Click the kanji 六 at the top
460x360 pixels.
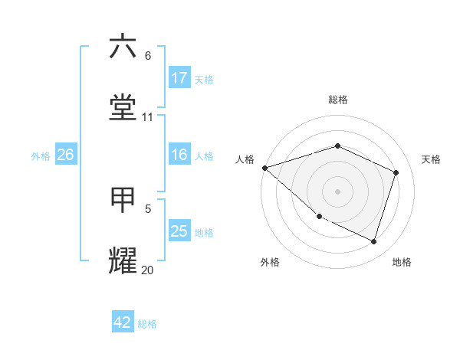click(123, 47)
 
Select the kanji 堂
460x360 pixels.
click(123, 108)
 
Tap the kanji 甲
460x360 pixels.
click(123, 200)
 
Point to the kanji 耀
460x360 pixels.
click(123, 261)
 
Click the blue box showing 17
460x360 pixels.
click(179, 78)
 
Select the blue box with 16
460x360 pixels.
click(179, 155)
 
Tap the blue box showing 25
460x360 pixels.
click(179, 231)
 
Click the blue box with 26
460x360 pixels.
click(65, 155)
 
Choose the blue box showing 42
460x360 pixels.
click(123, 322)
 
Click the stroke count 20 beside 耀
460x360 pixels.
click(147, 270)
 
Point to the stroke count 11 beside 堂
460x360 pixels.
click(147, 117)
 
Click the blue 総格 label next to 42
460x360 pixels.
click(147, 324)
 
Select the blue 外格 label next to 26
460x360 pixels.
click(40, 155)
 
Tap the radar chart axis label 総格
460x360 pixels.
click(337, 100)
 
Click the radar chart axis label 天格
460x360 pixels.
click(431, 159)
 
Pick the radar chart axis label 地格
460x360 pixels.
click(402, 262)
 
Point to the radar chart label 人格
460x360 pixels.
click(245, 159)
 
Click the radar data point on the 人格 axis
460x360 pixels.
click(264, 168)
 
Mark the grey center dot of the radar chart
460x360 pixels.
click(337, 191)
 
